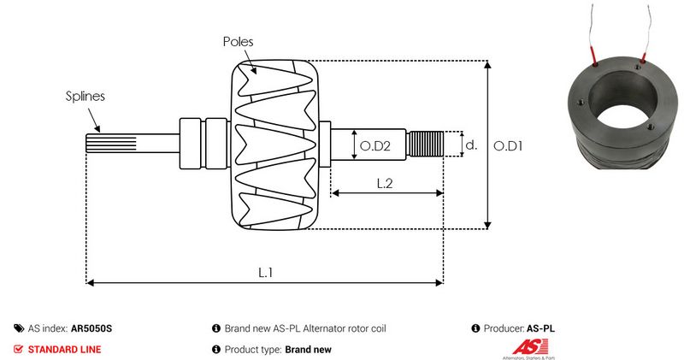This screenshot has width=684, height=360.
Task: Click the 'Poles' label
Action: click(238, 41)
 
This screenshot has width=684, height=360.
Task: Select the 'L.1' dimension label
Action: click(266, 271)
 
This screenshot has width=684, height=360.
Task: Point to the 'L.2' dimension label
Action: click(386, 182)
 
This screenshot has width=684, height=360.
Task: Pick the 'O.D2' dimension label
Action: click(375, 146)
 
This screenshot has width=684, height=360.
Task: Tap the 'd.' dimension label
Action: click(470, 145)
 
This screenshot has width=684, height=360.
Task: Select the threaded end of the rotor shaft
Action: click(425, 144)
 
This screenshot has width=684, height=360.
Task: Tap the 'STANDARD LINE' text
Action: click(64, 349)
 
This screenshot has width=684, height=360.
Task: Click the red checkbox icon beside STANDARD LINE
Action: click(19, 349)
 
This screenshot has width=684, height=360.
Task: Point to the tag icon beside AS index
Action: click(19, 328)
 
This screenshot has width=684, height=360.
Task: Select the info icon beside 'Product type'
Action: click(216, 349)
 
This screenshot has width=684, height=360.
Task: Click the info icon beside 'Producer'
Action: click(475, 328)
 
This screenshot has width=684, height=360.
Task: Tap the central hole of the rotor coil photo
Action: click(623, 105)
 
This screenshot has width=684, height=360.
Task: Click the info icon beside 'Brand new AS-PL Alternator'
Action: click(216, 328)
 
